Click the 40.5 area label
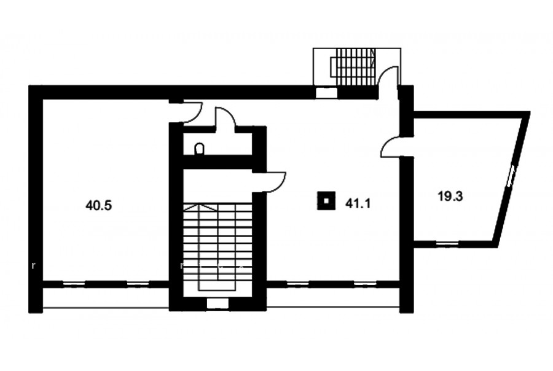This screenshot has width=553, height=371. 98,205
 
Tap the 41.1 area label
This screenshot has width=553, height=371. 358,203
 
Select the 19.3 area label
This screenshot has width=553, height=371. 450,196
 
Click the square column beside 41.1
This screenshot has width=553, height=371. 326,201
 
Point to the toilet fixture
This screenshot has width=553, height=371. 199,149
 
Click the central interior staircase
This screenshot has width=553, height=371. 218,247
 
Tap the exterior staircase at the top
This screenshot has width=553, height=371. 353,67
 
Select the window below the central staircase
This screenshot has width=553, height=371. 217,303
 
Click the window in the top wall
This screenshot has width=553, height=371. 326,92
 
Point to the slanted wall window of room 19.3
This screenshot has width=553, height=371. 511,176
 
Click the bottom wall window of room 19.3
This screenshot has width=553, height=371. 447,243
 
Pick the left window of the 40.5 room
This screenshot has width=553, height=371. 74,283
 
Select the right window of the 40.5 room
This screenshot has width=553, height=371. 138,283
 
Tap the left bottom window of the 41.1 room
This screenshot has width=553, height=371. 298,283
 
